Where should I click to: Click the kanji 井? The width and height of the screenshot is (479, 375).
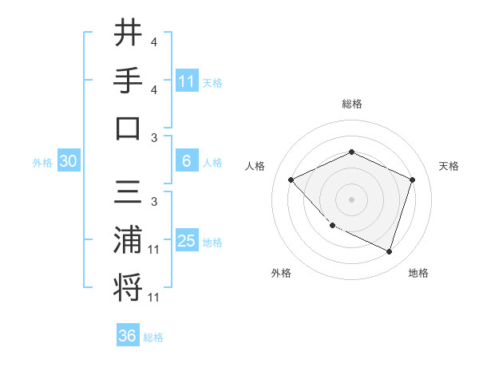coord(127,35)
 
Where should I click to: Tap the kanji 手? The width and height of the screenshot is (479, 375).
coord(127,81)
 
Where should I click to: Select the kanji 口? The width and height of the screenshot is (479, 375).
coord(127,128)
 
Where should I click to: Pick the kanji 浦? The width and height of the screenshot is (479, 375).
coord(127,240)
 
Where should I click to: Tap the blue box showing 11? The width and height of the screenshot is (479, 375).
coord(187,81)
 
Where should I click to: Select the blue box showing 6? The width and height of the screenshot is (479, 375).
coord(187,161)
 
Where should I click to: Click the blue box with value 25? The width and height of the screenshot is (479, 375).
coord(187,241)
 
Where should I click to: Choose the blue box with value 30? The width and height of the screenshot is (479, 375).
coord(68,161)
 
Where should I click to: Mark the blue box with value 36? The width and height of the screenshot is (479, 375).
coord(127,336)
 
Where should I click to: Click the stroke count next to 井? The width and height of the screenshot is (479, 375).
coord(153,41)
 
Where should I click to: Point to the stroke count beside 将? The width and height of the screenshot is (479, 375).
coord(153,298)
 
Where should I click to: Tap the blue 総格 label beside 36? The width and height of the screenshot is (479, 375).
coord(153,337)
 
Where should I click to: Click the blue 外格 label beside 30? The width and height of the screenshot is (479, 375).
coord(42,163)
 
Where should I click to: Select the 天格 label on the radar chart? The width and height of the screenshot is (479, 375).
coord(449,166)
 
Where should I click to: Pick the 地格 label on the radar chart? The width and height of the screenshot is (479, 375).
coord(418,273)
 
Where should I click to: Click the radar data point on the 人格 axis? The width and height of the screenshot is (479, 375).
coord(291,180)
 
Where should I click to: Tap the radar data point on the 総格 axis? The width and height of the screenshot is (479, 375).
coord(351,152)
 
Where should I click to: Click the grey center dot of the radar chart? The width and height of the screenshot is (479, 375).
coord(351,199)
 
